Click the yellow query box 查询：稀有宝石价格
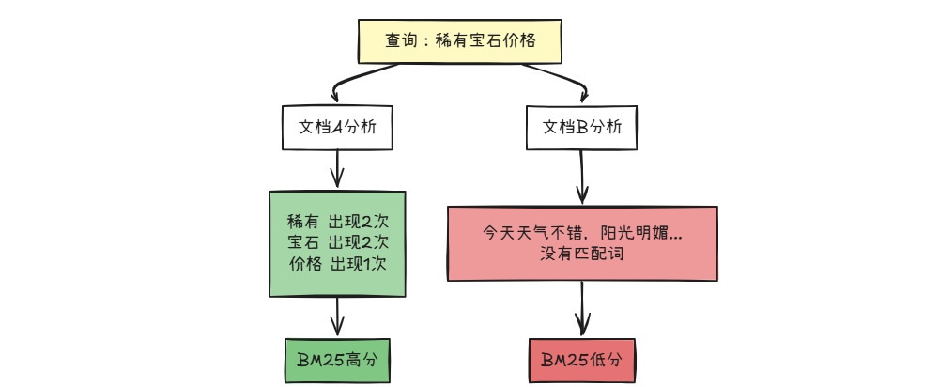point(460,42)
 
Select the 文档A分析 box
point(337,128)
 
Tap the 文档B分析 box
point(582,128)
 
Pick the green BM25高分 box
point(337,360)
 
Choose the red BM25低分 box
point(582,360)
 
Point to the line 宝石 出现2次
point(337,244)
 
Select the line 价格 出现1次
point(337,264)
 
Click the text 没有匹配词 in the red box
point(582,254)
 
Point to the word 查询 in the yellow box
point(399,42)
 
